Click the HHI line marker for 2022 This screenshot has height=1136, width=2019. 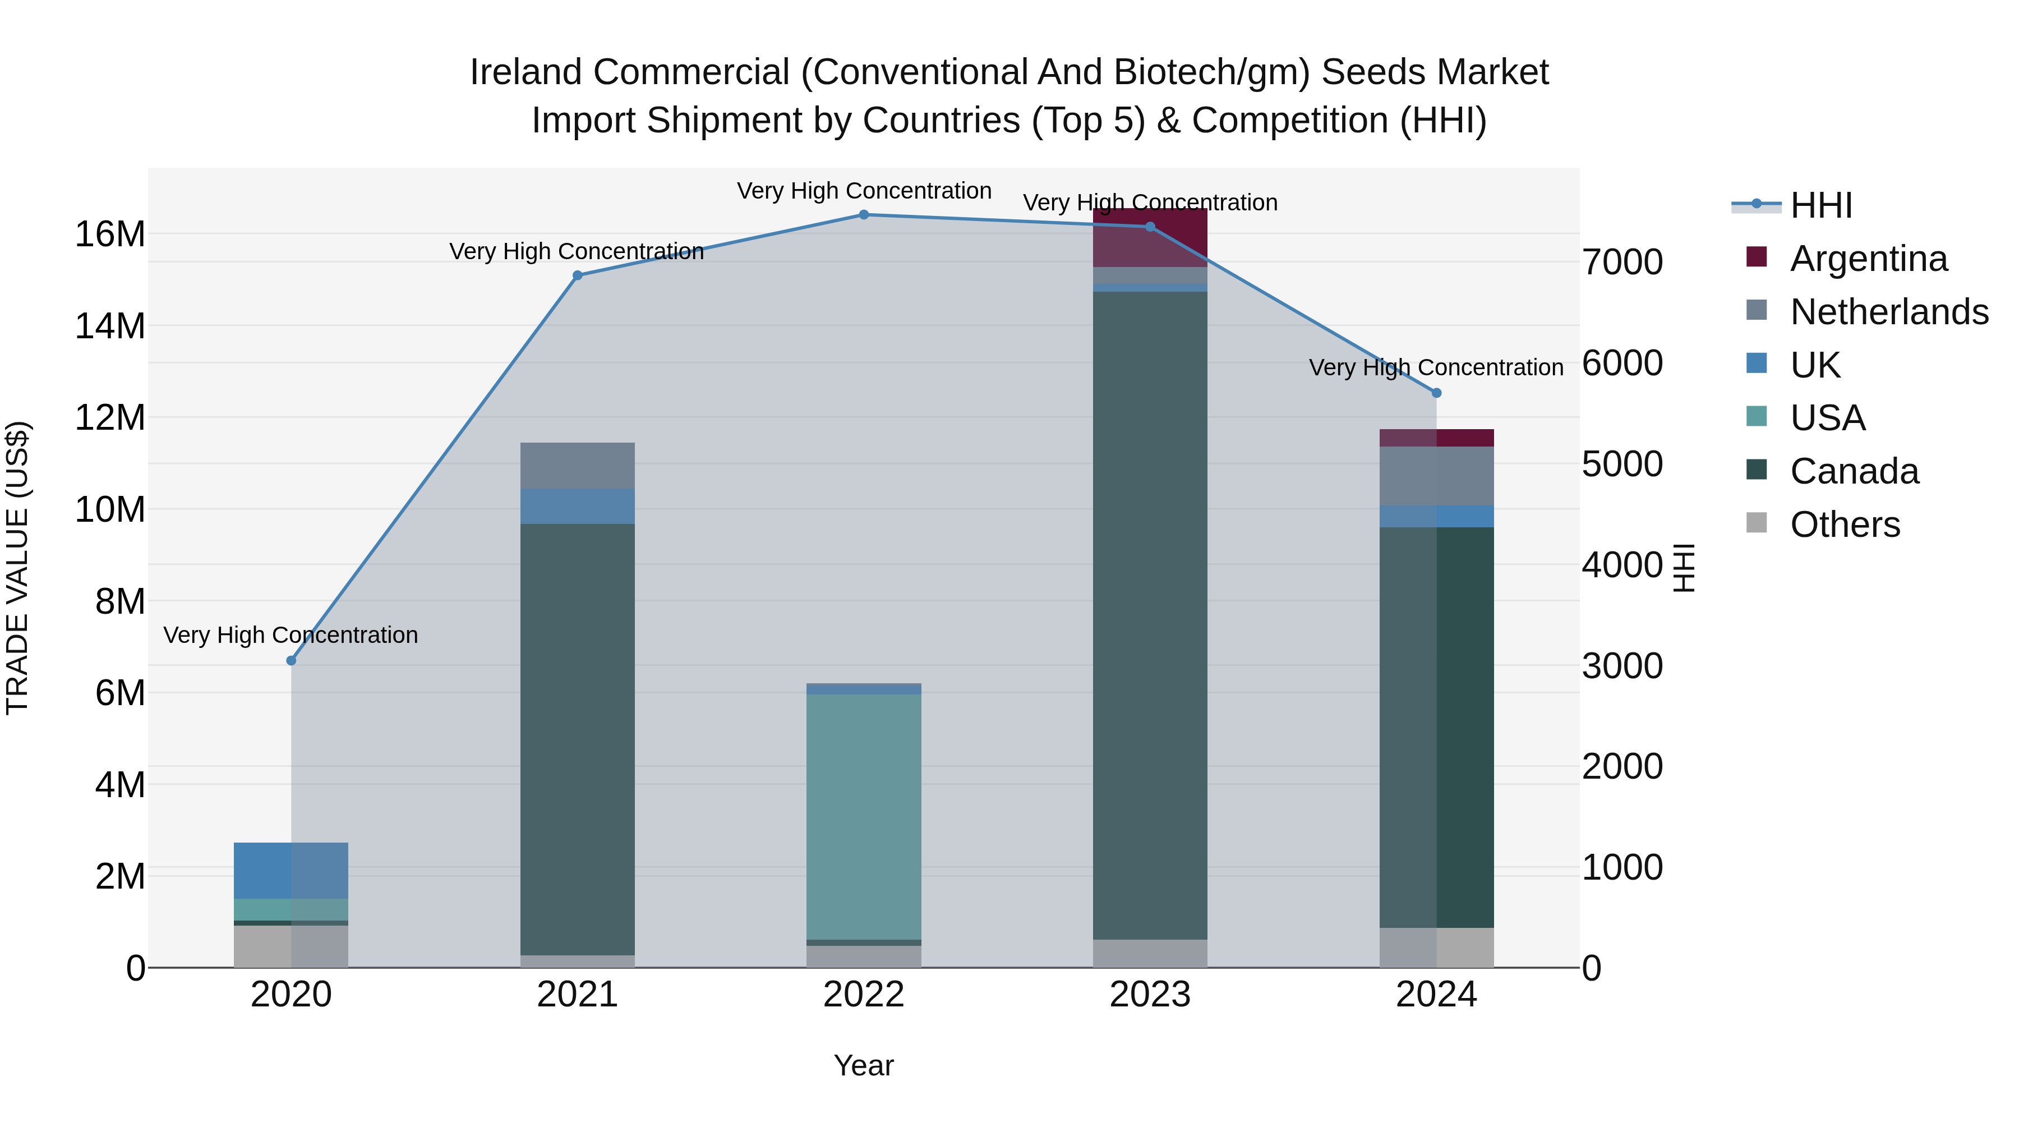point(864,215)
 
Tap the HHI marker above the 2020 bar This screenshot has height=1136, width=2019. point(292,661)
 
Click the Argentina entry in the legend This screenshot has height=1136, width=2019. point(1869,259)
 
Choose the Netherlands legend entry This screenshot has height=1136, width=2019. point(1889,312)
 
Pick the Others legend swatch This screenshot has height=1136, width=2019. point(1757,523)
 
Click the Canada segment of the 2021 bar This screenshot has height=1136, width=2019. point(578,737)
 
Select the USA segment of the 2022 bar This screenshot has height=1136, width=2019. point(864,815)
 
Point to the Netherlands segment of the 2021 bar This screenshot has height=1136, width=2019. point(578,466)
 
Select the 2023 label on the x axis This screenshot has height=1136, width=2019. point(1150,995)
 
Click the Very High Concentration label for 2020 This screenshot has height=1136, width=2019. point(291,635)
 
